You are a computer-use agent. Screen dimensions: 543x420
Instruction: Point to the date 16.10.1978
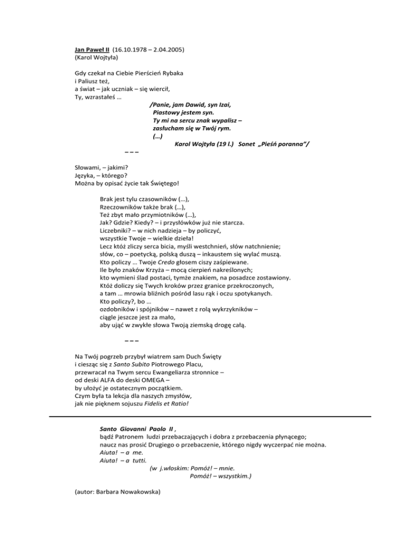click(x=132, y=50)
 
